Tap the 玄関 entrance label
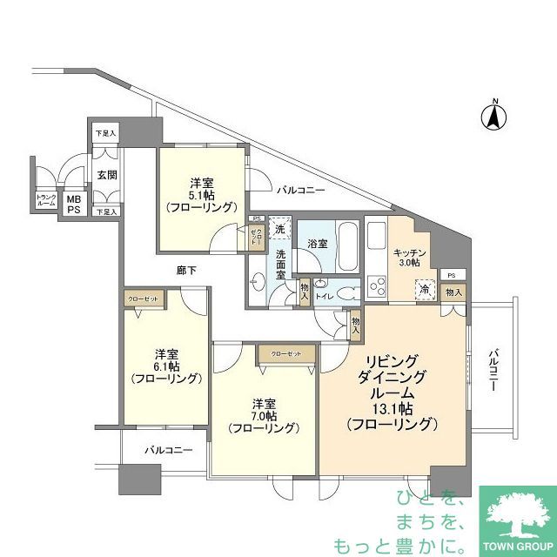click(x=106, y=175)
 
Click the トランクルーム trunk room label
click(x=46, y=201)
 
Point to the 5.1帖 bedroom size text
click(x=202, y=195)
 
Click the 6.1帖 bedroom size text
click(x=166, y=366)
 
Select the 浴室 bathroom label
click(x=317, y=244)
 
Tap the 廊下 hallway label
click(x=184, y=271)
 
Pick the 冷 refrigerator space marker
click(x=425, y=290)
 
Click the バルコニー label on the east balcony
click(x=492, y=371)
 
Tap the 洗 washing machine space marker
click(x=279, y=228)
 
